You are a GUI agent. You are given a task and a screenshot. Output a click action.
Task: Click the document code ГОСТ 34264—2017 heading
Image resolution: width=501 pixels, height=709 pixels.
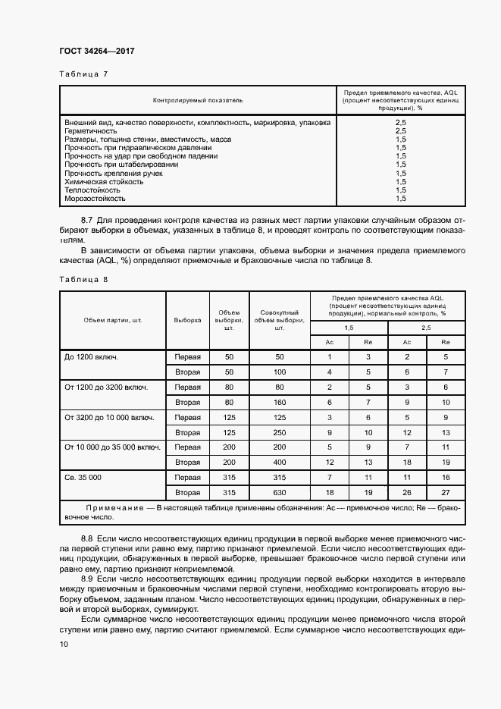pos(97,52)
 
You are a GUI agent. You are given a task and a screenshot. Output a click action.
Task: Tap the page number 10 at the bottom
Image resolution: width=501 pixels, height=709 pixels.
pos(64,644)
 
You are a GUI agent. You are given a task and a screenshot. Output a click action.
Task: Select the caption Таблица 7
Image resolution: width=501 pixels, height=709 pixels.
pos(83,74)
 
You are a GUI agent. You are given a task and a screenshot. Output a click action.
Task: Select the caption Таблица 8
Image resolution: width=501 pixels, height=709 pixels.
pos(83,280)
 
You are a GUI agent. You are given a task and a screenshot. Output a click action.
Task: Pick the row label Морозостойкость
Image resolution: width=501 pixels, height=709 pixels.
pos(95,199)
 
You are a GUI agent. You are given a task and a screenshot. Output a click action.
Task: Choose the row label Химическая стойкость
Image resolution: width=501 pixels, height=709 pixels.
pos(104,182)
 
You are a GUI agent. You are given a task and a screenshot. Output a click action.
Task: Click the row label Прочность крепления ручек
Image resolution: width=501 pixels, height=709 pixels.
pos(114,174)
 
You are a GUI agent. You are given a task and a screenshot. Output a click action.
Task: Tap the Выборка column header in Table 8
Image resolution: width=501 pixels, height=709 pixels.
pos(187,320)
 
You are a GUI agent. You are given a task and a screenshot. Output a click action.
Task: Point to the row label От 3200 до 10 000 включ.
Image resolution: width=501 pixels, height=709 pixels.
pos(110,417)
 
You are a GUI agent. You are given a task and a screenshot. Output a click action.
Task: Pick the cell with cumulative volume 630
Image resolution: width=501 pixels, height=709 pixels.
pos(279,493)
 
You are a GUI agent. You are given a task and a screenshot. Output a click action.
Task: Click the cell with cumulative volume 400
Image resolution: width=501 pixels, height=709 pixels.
pos(279,463)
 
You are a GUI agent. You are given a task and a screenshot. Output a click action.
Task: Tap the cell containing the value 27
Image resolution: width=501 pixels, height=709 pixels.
pos(446,493)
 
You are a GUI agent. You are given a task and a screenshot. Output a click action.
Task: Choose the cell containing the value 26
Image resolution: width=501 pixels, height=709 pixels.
pos(407,493)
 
